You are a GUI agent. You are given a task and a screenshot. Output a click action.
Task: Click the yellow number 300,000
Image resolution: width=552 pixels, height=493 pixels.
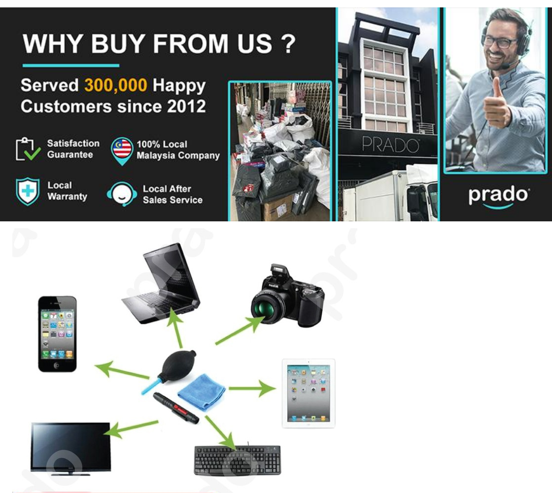point(115,85)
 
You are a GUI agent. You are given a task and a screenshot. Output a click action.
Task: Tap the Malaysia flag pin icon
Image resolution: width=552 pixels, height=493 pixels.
point(122,151)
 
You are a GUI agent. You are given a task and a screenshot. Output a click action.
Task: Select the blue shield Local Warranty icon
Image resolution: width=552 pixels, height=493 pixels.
point(28,192)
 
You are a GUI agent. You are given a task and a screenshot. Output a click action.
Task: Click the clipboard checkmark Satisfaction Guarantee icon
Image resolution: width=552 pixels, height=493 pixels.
point(28,149)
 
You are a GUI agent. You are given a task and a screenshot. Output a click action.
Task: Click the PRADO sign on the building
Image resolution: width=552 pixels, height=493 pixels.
point(390,145)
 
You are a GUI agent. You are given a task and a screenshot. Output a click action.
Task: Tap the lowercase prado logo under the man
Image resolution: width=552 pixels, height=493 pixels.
point(498,196)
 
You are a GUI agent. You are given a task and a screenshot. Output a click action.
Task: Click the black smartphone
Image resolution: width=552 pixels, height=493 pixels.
point(57,334)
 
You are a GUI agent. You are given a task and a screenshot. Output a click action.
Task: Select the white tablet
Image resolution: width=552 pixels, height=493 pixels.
point(309,393)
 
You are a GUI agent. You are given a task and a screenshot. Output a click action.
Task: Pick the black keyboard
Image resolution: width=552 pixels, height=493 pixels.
point(238,460)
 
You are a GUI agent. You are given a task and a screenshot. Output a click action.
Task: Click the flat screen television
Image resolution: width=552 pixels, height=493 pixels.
point(71,448)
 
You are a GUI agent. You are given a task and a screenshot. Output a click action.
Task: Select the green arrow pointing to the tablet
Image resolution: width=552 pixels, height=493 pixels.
point(252,388)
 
